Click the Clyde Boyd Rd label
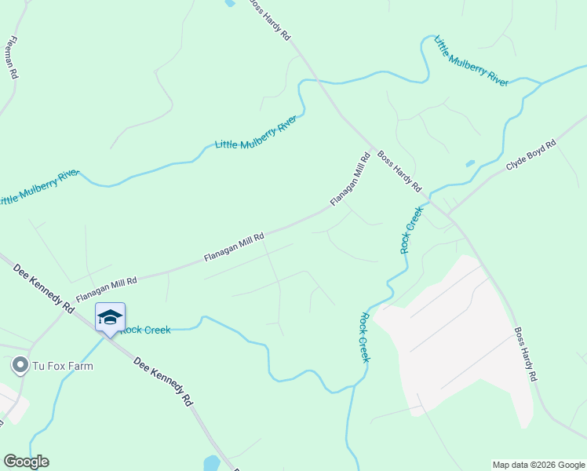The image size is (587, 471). pos(531,155)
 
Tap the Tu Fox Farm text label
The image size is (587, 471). pos(62,366)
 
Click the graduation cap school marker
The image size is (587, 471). pos(110,318)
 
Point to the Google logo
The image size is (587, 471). pos(26,462)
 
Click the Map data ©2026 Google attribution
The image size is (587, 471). pos(538,465)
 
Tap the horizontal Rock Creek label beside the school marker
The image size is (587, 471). pos(145,330)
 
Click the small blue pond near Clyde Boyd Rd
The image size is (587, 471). pos(469,164)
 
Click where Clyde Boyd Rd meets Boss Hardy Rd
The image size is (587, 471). pos(447,214)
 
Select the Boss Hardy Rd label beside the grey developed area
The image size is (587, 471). pos(525,354)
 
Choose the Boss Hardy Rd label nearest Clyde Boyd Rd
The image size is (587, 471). pos(399,171)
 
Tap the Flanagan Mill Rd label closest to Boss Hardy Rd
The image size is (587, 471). pos(350,180)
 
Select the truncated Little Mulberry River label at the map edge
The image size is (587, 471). pos(39,186)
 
